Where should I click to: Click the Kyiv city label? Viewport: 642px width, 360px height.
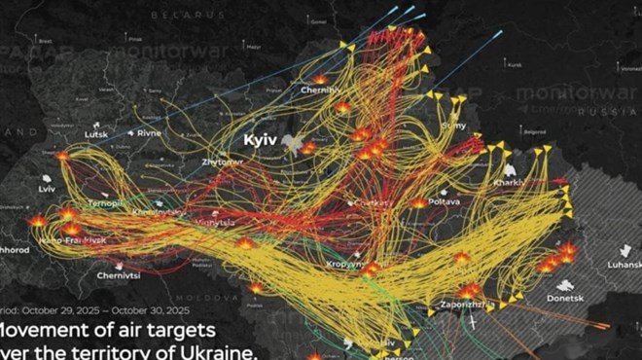[x=261, y=140]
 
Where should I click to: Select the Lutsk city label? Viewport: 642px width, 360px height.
[x=96, y=134]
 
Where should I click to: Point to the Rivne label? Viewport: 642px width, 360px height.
[x=149, y=133]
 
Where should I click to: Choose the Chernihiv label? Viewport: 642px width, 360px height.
[x=320, y=90]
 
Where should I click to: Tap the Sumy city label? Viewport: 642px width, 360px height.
[x=453, y=126]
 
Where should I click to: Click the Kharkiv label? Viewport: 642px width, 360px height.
[x=510, y=182]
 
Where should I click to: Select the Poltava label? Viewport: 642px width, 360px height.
[x=444, y=200]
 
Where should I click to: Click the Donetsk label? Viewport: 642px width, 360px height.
[x=564, y=299]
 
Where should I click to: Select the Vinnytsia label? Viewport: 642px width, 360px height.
[x=215, y=223]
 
